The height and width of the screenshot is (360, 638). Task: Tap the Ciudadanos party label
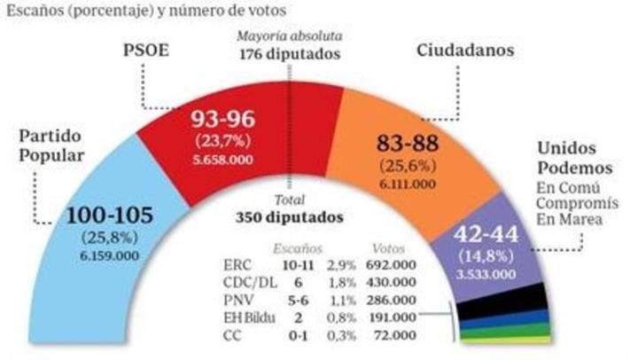[467, 51]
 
